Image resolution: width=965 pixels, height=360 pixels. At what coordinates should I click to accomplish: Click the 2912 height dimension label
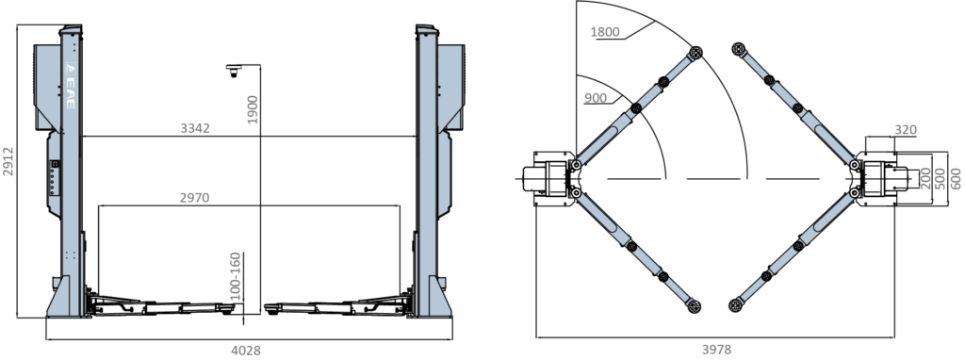coord(8,161)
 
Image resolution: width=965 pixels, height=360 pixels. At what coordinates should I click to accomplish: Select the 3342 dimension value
coord(195,128)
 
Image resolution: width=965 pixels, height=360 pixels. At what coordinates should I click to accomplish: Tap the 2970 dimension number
coord(194,198)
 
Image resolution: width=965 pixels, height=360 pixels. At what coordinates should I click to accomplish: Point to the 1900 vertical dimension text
coord(253,109)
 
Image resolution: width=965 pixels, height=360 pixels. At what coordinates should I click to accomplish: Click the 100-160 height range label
coord(235,276)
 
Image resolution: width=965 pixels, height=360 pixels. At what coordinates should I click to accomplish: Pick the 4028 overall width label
coord(246,351)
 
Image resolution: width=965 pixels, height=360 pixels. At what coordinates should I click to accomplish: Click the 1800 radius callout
coord(605,32)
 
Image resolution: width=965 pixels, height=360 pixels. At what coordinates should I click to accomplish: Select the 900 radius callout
coord(596,98)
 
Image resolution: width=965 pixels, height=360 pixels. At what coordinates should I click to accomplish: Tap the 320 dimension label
coord(906,130)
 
